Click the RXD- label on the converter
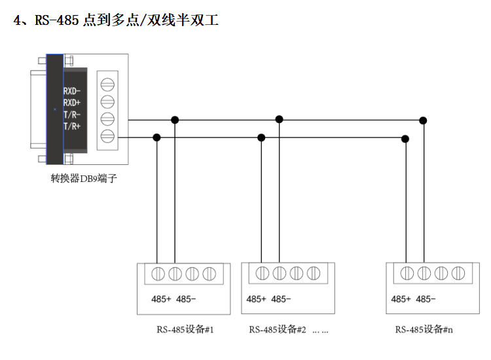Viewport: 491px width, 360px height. [x=72, y=91]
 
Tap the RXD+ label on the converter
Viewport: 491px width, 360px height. [x=72, y=103]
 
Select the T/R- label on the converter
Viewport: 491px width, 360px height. [x=72, y=115]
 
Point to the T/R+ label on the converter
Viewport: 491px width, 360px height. [x=72, y=126]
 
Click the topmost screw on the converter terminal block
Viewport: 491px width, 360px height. [x=107, y=84]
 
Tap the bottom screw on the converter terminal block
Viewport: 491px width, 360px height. [x=107, y=136]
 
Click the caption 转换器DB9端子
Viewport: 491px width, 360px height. [x=84, y=179]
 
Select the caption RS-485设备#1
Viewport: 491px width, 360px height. [x=185, y=329]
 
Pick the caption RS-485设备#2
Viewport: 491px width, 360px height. [x=278, y=329]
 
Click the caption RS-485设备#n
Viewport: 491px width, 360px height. [x=424, y=329]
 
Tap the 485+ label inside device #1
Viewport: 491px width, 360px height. [x=161, y=299]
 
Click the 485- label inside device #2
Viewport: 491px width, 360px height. [x=281, y=299]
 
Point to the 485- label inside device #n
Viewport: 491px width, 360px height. [x=426, y=299]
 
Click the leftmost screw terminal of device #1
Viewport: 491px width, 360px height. [x=158, y=274]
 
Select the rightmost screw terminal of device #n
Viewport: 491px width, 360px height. [x=458, y=274]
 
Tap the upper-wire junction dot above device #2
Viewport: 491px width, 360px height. [x=279, y=119]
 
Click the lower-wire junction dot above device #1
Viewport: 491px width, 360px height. [x=156, y=137]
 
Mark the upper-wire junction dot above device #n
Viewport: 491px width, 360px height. [x=423, y=120]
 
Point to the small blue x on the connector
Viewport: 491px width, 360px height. [x=55, y=109]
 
